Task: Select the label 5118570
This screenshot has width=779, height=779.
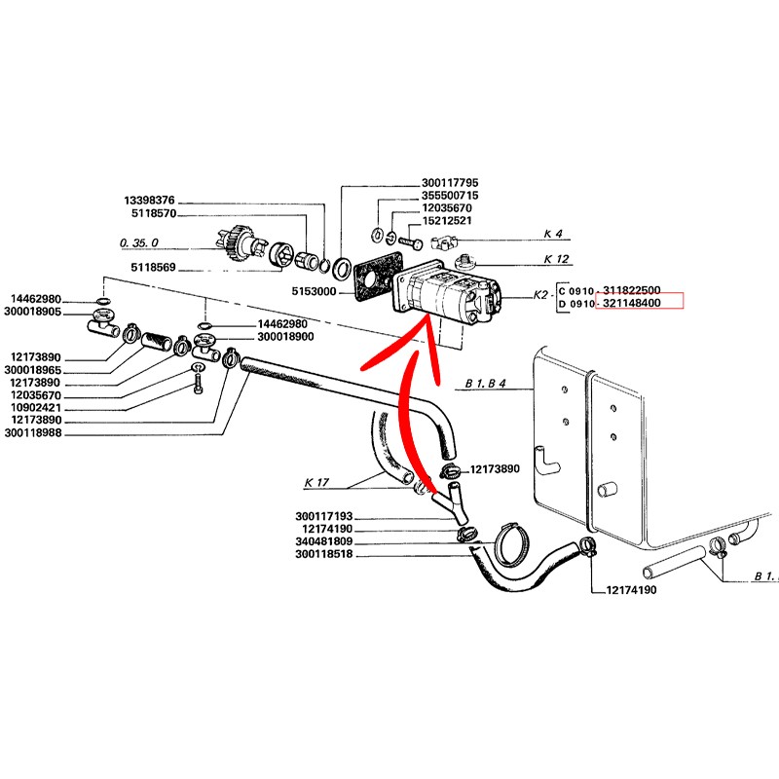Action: pos(153,214)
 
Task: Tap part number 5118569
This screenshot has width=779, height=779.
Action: pos(154,270)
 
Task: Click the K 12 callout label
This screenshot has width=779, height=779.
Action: pos(555,259)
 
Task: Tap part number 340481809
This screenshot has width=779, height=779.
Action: pos(324,541)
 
